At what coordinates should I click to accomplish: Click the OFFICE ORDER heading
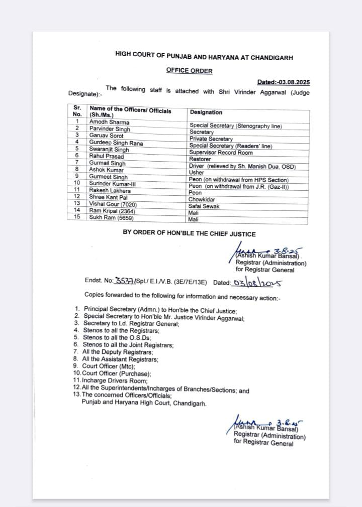click(x=189, y=71)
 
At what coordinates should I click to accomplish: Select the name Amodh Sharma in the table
click(x=109, y=122)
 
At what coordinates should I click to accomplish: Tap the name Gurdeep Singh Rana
click(x=116, y=143)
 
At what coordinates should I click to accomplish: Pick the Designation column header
click(x=206, y=112)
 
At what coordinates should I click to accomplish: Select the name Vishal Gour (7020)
click(x=113, y=204)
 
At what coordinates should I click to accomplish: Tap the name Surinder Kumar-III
click(x=113, y=184)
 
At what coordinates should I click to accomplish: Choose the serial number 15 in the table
click(x=77, y=218)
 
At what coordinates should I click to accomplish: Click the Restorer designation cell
click(x=200, y=159)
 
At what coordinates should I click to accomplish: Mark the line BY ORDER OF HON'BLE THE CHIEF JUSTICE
click(x=189, y=233)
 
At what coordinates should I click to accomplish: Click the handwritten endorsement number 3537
click(x=124, y=282)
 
